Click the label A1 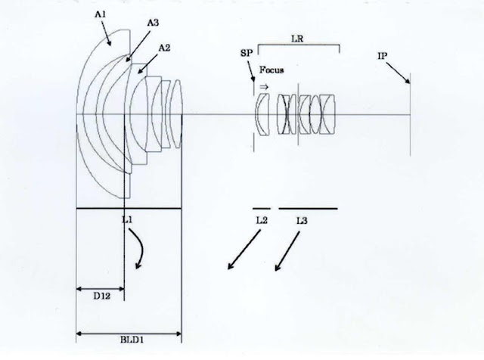tap(100, 14)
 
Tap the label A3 tap(153, 23)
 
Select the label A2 tap(164, 48)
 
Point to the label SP tap(247, 53)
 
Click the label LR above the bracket tap(297, 39)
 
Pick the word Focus tap(271, 70)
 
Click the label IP tap(382, 56)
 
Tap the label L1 tap(127, 219)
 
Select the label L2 tap(262, 220)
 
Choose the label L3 tap(302, 220)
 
